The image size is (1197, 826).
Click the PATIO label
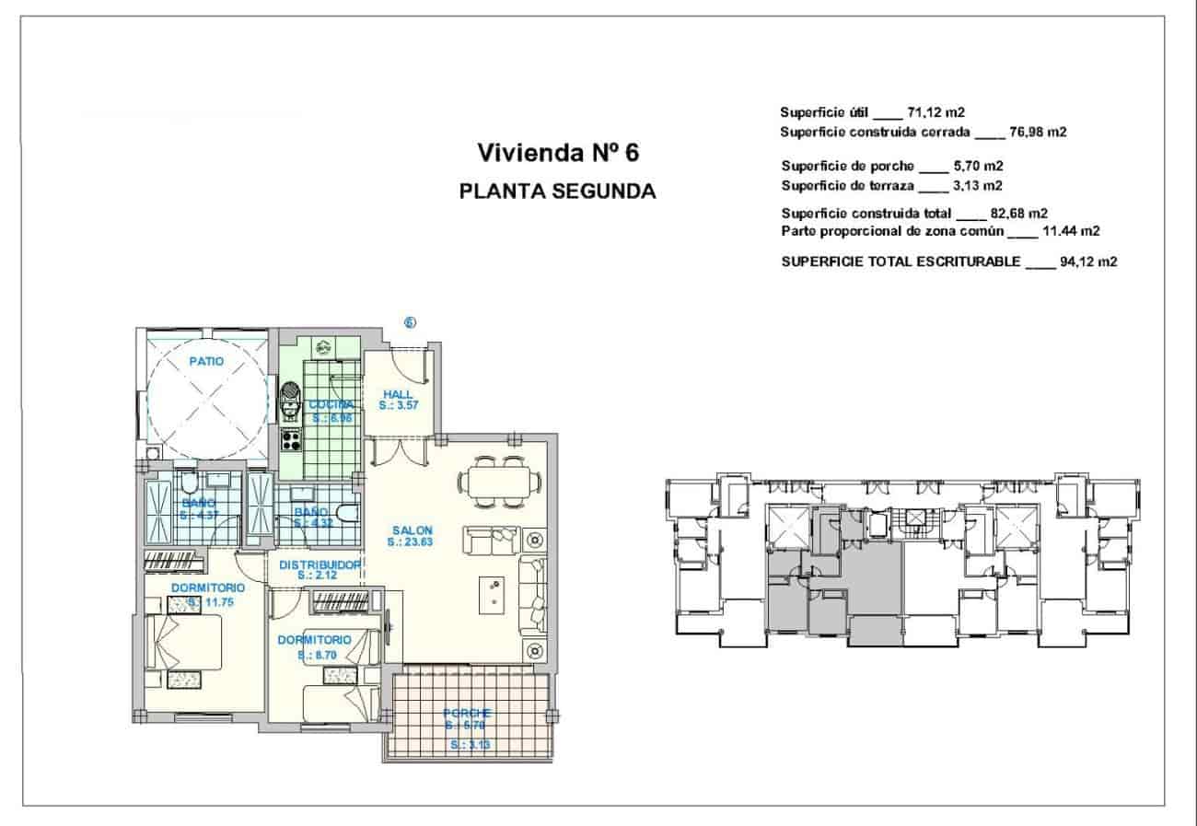pos(206,362)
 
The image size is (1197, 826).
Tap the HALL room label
pos(398,394)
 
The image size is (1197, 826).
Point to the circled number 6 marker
pos(411,322)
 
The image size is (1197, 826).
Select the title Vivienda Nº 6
pos(556,152)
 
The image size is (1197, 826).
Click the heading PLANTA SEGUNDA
pos(556,192)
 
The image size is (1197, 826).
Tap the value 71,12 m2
pos(936,112)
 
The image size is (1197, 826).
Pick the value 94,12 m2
pos(1088,262)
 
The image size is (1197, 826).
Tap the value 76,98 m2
pos(1039,132)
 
